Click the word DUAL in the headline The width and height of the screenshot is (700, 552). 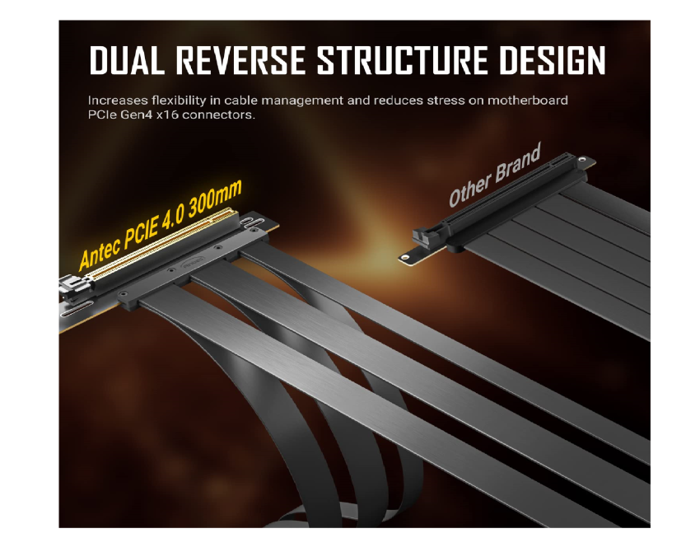(126, 60)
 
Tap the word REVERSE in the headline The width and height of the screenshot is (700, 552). (240, 60)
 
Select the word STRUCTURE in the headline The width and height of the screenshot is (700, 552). (402, 60)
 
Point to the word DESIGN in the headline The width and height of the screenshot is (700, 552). (552, 60)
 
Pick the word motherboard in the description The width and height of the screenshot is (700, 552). (527, 100)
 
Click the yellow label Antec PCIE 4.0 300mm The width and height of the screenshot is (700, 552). (160, 225)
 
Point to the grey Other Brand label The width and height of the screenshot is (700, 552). (495, 175)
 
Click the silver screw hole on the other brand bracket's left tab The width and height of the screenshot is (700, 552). (405, 257)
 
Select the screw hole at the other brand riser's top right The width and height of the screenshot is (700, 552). (582, 160)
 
